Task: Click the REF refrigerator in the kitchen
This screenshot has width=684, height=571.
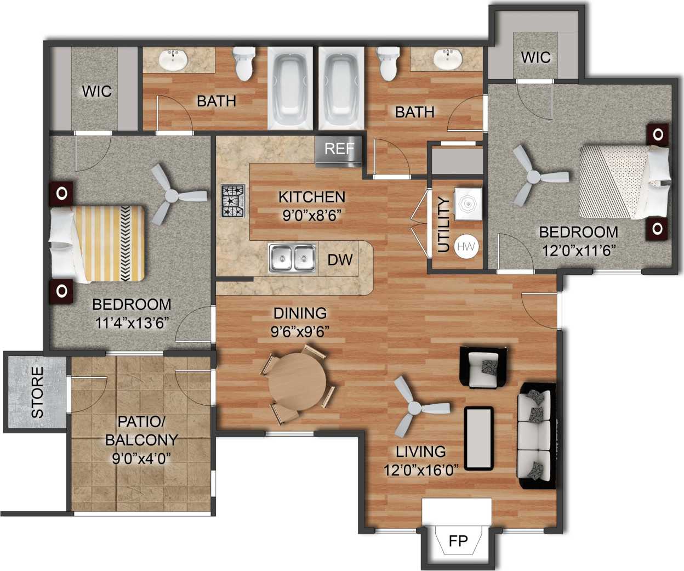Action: [339, 150]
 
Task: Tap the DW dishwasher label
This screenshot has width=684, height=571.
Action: [340, 260]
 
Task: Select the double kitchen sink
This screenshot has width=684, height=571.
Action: [292, 258]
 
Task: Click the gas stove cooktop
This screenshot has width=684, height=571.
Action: [232, 201]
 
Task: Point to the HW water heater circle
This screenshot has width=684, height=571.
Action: [466, 247]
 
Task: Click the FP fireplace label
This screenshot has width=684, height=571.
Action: [458, 541]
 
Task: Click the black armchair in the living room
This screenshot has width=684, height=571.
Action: [483, 367]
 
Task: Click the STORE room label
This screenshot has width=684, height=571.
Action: [37, 392]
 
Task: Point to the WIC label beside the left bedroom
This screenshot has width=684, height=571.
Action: [97, 91]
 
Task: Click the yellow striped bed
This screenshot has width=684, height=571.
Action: [99, 244]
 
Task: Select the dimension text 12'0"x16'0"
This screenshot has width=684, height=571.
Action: [421, 470]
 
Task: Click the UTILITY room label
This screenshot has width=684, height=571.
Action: [444, 224]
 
